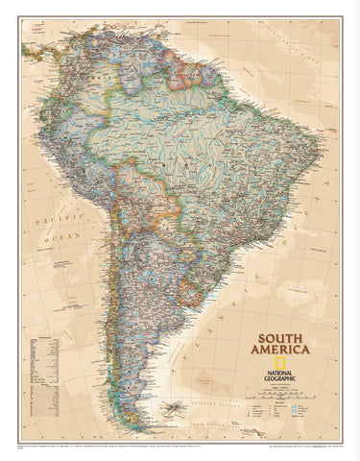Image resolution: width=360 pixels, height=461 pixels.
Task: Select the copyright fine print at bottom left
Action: tap(77, 447)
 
